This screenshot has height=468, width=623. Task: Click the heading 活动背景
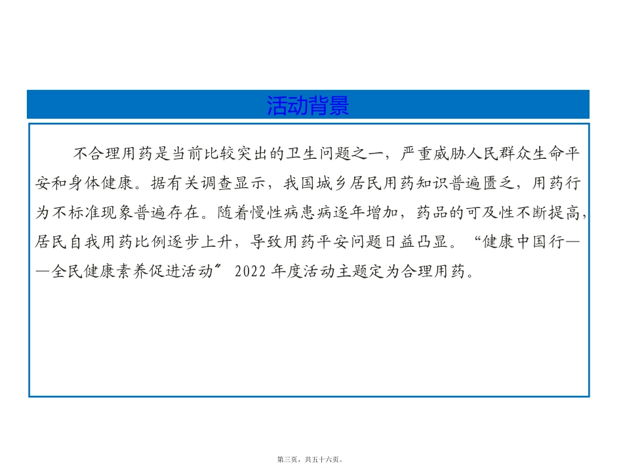point(308,105)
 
